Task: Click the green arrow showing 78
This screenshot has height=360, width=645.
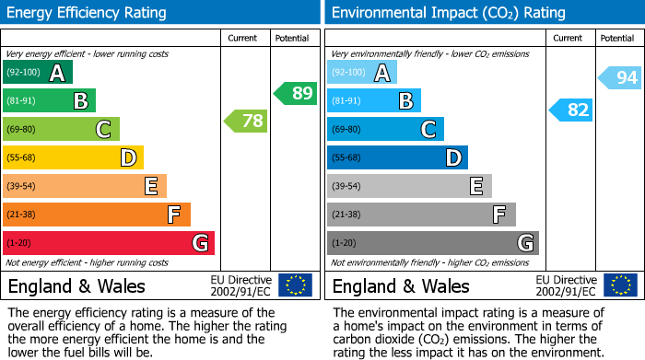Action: (246, 121)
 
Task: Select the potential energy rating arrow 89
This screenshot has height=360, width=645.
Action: (296, 93)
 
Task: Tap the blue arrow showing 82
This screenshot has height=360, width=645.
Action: (570, 110)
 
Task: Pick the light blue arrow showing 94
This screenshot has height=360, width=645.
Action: (620, 78)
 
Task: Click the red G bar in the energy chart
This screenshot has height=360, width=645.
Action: (109, 243)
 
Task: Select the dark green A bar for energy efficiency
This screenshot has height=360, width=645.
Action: (38, 73)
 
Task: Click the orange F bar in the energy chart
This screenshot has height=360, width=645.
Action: (97, 215)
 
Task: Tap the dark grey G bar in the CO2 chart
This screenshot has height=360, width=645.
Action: (432, 243)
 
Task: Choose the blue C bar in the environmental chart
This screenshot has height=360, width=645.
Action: (385, 130)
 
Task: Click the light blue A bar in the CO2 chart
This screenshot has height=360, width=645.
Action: (362, 73)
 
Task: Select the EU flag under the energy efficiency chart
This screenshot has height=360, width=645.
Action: (295, 285)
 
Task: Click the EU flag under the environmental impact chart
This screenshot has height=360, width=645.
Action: (620, 285)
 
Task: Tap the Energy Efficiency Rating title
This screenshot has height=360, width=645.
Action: (88, 13)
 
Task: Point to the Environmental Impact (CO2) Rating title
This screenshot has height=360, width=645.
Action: (448, 13)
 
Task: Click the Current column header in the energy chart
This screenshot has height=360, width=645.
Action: (244, 38)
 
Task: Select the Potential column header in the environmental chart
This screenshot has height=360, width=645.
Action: (616, 38)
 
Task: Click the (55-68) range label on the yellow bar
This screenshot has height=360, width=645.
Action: (21, 157)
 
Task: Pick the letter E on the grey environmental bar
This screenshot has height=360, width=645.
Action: (476, 186)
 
